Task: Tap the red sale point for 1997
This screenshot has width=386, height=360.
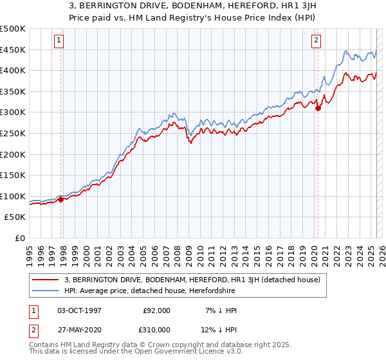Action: tap(61, 199)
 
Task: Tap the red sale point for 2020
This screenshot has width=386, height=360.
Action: tap(318, 108)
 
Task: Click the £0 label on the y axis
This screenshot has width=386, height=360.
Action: tap(21, 238)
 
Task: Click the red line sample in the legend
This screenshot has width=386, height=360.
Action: tap(46, 280)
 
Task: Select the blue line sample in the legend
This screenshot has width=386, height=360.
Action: tap(46, 291)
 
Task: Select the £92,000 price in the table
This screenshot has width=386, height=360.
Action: tap(157, 310)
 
